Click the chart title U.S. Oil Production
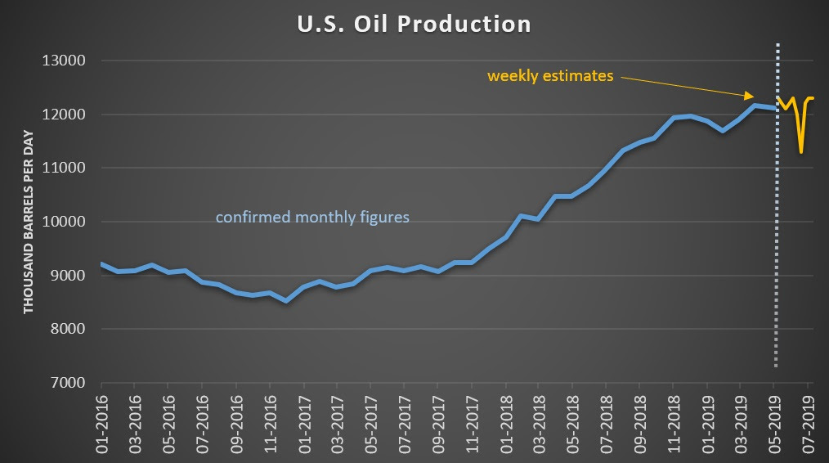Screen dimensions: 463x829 pos(414,24)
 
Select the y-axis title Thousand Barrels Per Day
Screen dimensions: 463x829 pos(29,221)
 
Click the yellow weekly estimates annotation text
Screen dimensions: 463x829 pos(550,76)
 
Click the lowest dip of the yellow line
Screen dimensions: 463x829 pos(801,152)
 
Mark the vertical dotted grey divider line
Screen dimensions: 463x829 pos(777,245)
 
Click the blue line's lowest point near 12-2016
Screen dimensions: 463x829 pos(286,300)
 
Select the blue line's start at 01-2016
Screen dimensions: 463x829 pos(101,264)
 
